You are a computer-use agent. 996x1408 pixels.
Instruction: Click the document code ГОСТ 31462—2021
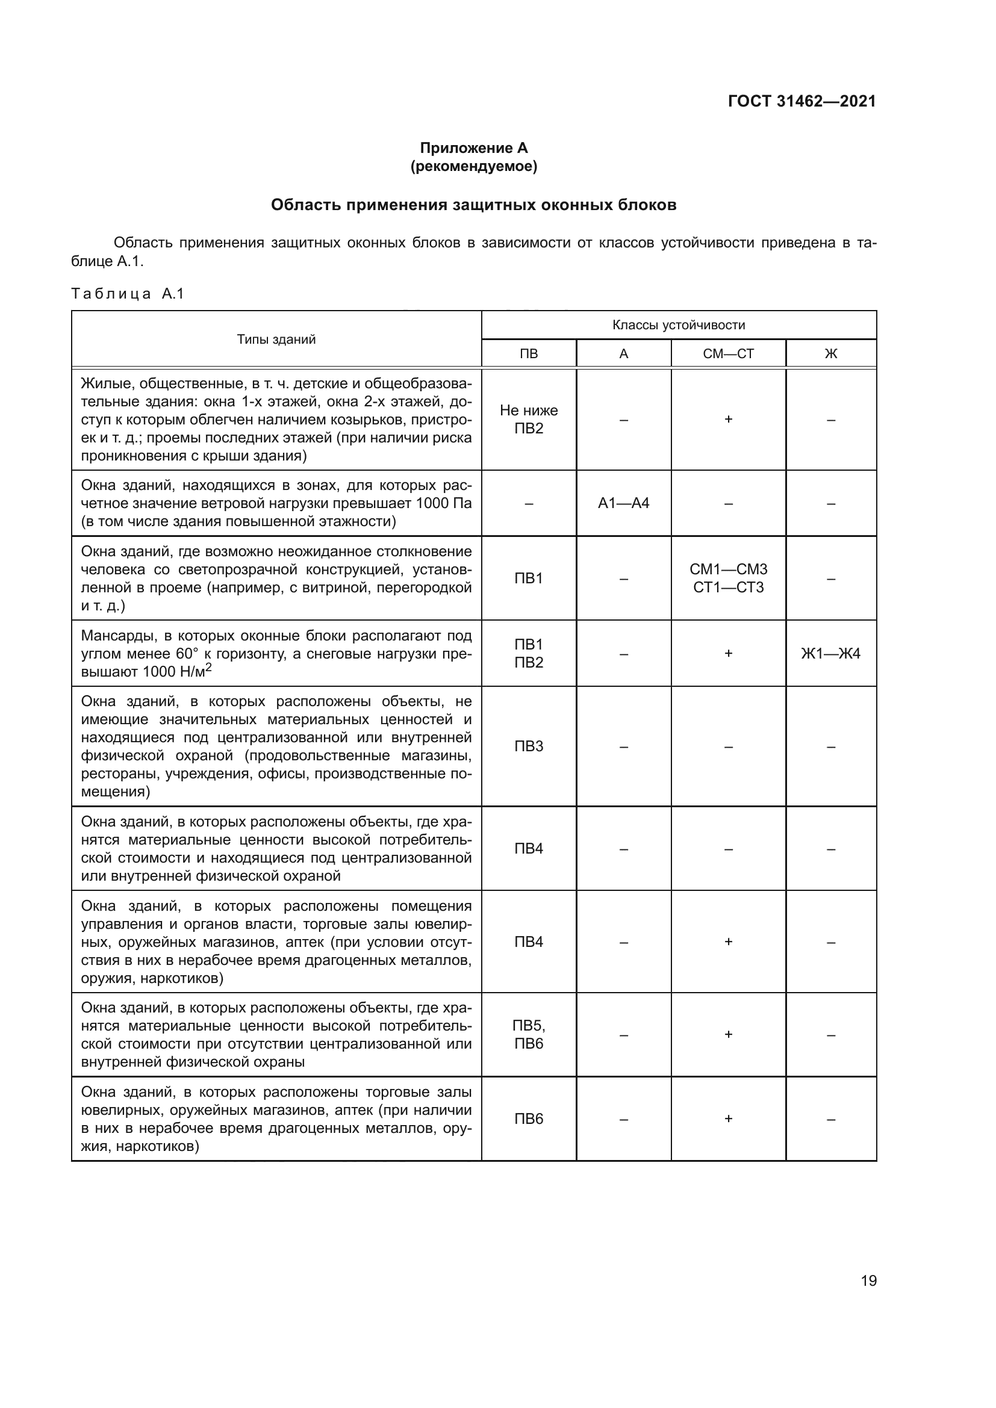[x=801, y=101]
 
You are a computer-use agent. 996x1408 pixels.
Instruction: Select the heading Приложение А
[x=473, y=148]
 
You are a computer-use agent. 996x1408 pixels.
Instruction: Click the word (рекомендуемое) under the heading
[x=473, y=166]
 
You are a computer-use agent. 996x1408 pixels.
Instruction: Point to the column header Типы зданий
[x=276, y=339]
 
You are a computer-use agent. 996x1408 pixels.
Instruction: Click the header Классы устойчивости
[x=678, y=325]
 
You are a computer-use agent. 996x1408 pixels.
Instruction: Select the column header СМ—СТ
[x=728, y=354]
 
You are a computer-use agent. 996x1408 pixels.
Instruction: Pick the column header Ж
[x=830, y=354]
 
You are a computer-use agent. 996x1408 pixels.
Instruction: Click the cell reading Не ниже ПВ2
[x=529, y=419]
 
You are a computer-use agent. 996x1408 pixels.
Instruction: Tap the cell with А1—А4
[x=623, y=503]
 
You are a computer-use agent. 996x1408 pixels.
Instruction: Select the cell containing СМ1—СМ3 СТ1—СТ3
[x=728, y=578]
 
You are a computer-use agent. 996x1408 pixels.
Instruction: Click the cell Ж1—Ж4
[x=830, y=653]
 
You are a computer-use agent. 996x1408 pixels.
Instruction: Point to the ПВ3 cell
[x=529, y=746]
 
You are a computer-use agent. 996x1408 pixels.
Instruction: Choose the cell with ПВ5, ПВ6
[x=529, y=1035]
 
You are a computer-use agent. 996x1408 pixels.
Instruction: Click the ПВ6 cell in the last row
[x=529, y=1118]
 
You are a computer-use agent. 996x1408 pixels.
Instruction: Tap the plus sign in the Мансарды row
[x=728, y=653]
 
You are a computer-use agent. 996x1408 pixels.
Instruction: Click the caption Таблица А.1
[x=128, y=294]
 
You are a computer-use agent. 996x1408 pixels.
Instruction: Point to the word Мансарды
[x=117, y=635]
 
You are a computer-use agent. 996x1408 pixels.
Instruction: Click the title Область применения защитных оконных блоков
[x=473, y=205]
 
